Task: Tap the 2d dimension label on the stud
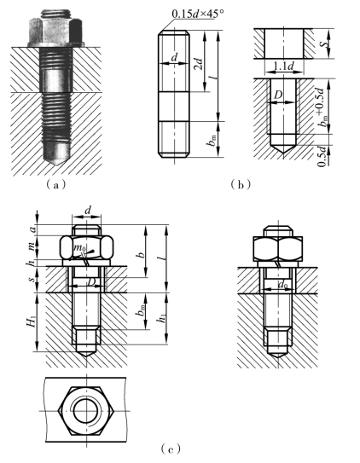click(x=200, y=64)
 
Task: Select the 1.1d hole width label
click(x=284, y=67)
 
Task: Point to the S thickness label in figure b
click(x=325, y=43)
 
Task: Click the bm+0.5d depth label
click(x=323, y=107)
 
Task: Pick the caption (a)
click(x=55, y=185)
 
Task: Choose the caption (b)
click(x=241, y=184)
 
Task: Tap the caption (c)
click(x=171, y=449)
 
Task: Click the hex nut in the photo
click(x=55, y=31)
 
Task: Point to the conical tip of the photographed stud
click(x=56, y=159)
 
